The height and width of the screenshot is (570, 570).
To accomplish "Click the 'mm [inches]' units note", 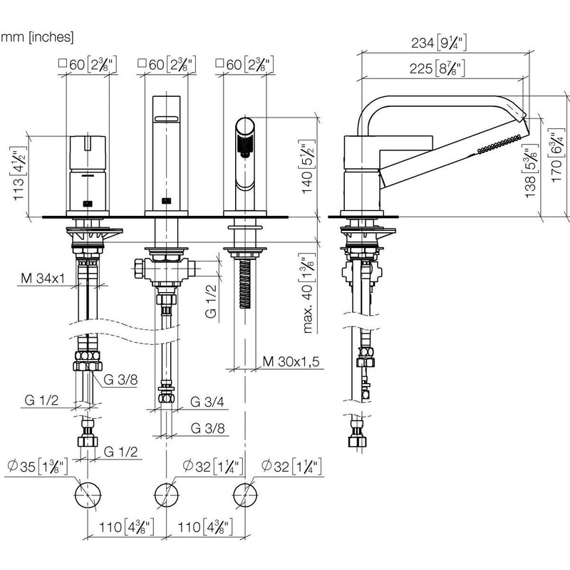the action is click(37, 37).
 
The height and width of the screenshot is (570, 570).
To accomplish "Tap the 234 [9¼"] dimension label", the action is click(439, 43).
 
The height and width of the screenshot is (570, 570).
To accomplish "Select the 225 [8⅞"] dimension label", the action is click(437, 68).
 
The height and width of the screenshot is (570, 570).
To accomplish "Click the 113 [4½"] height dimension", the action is click(19, 173).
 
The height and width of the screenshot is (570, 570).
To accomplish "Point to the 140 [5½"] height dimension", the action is click(308, 167).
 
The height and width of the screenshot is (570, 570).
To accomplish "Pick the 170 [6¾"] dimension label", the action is click(557, 155).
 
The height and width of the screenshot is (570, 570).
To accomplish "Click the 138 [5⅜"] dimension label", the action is click(531, 170).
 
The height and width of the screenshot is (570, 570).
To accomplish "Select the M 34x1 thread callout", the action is click(43, 279).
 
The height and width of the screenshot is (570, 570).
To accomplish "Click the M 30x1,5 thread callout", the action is click(291, 362).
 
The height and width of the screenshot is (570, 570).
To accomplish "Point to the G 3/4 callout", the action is click(207, 402).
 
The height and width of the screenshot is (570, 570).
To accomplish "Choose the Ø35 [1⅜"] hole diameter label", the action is click(37, 467).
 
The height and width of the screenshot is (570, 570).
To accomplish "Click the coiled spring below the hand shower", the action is click(245, 284).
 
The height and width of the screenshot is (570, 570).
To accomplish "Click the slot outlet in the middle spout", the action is click(166, 118).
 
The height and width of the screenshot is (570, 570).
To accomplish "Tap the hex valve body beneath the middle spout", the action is click(166, 269).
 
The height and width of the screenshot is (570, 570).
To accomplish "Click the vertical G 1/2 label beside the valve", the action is click(211, 301).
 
